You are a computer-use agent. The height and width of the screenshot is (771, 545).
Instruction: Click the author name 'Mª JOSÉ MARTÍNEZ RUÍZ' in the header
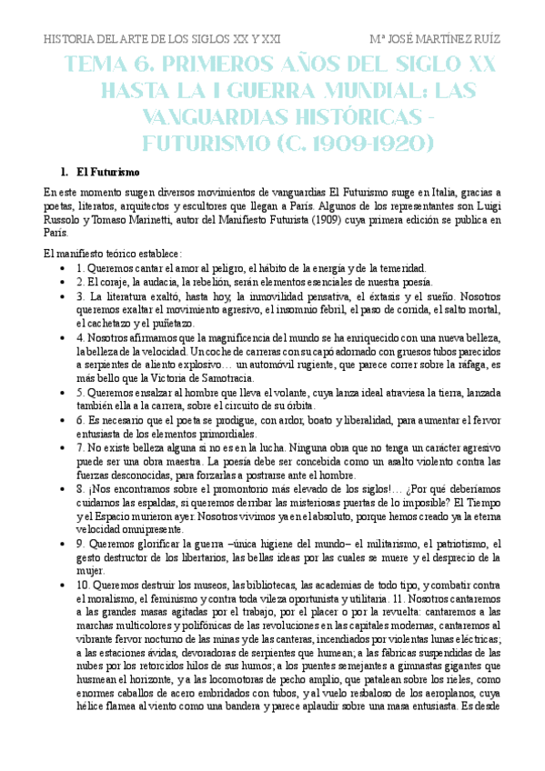[436, 40]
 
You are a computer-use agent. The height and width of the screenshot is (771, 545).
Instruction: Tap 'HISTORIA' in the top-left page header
[70, 40]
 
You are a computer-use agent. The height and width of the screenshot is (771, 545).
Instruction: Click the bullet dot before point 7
[60, 448]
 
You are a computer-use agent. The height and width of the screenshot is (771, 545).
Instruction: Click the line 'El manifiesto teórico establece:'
[113, 254]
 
